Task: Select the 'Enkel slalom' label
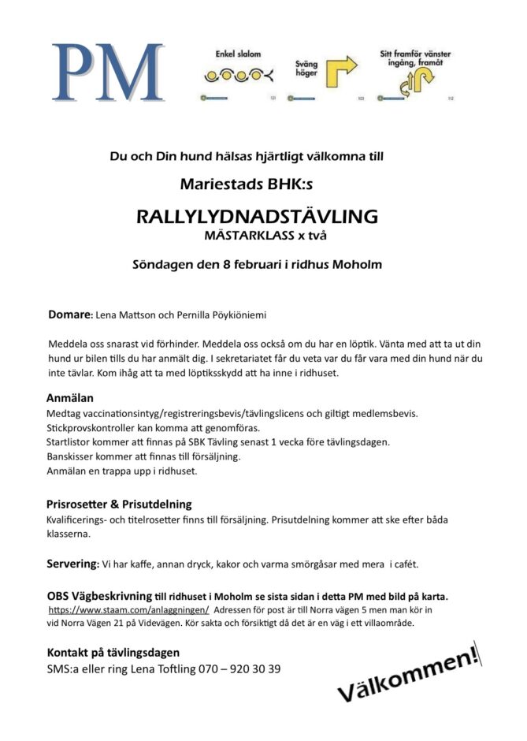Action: click(238, 54)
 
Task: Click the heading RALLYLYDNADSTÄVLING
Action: click(258, 216)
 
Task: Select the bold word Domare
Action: click(69, 315)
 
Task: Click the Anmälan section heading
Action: click(69, 398)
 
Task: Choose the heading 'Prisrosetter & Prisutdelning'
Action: click(119, 504)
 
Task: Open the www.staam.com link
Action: click(128, 610)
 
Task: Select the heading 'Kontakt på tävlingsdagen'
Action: click(113, 652)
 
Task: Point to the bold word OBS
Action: click(59, 595)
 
